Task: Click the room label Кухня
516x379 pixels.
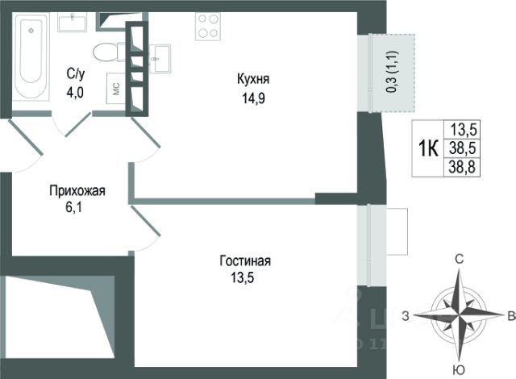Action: click(x=253, y=80)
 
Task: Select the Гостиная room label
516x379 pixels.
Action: click(x=244, y=261)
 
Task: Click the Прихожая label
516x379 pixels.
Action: click(x=77, y=191)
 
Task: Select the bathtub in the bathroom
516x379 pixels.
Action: click(x=32, y=52)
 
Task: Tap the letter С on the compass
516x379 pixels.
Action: click(x=459, y=259)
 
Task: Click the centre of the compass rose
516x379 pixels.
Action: click(x=458, y=314)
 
